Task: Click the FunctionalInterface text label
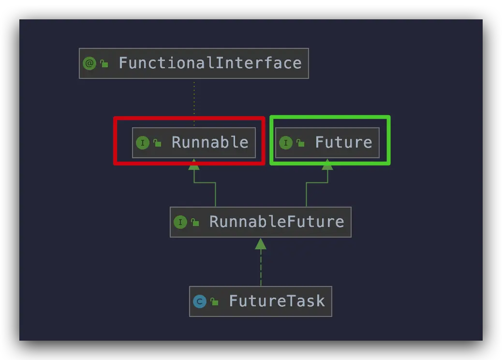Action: pyautogui.click(x=210, y=63)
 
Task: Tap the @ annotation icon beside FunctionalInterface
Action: pyautogui.click(x=89, y=63)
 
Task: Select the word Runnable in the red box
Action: pyautogui.click(x=210, y=142)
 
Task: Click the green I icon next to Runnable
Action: pyautogui.click(x=142, y=143)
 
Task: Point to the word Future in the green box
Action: pyautogui.click(x=343, y=142)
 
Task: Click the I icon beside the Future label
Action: pyautogui.click(x=285, y=143)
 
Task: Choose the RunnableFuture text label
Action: pyautogui.click(x=277, y=222)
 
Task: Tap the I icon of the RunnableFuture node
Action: pyautogui.click(x=180, y=222)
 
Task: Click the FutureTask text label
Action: pyautogui.click(x=277, y=301)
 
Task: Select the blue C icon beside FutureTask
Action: pyautogui.click(x=199, y=301)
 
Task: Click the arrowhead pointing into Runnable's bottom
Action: pyautogui.click(x=194, y=165)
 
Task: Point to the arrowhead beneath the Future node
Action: pyautogui.click(x=327, y=165)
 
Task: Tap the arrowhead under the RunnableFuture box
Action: pyautogui.click(x=261, y=244)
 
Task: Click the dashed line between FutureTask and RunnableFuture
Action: pyautogui.click(x=261, y=269)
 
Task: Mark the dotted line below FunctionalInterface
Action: pyautogui.click(x=194, y=102)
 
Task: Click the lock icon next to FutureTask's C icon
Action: pyautogui.click(x=214, y=302)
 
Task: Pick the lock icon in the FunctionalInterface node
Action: pyautogui.click(x=104, y=64)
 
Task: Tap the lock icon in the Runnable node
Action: pyautogui.click(x=157, y=143)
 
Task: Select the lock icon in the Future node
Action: pyautogui.click(x=300, y=143)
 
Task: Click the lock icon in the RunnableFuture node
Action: pyautogui.click(x=195, y=223)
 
